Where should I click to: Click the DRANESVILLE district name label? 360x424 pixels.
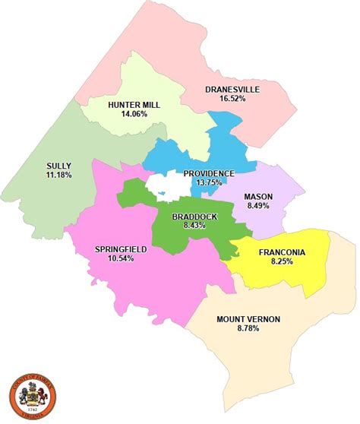click(232, 89)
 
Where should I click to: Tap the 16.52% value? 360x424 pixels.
click(232, 99)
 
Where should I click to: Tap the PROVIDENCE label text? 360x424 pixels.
click(209, 173)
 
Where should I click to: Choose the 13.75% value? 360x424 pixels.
click(209, 183)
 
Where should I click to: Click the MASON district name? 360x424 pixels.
click(258, 197)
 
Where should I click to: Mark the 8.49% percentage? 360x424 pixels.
click(258, 207)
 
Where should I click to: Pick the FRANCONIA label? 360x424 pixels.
click(282, 252)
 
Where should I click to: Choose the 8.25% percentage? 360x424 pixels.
click(282, 262)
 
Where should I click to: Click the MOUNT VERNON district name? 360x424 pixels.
click(248, 318)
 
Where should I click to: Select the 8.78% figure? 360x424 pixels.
click(248, 328)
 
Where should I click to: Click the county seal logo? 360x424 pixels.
click(30, 394)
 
